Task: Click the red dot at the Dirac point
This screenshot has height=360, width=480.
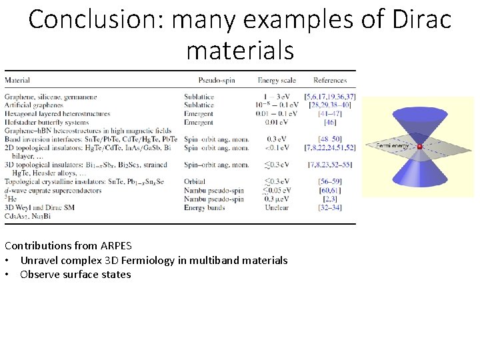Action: [x=419, y=146]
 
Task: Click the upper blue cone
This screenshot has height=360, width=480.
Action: [x=419, y=123]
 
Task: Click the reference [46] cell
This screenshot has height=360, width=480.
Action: [x=329, y=123]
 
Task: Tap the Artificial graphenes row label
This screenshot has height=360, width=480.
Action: [x=34, y=105]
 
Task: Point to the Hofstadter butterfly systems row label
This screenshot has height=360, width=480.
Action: [x=46, y=123]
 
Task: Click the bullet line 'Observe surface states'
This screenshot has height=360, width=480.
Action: [x=75, y=274]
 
